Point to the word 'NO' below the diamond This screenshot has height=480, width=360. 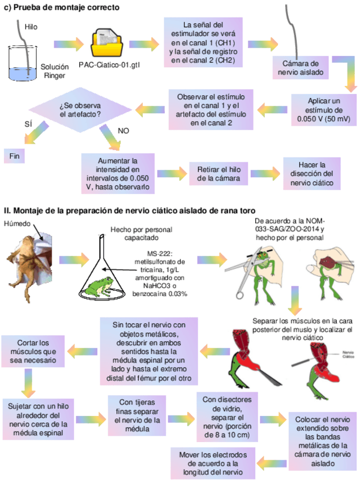(x=123, y=130)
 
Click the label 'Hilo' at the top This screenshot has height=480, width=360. (x=31, y=27)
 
